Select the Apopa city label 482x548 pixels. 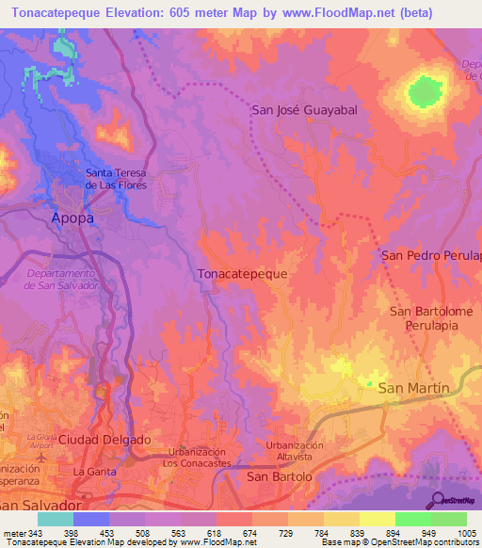click(x=72, y=218)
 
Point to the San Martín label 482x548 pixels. click(x=414, y=387)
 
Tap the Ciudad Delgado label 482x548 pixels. click(x=104, y=440)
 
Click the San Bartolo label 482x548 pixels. click(x=279, y=477)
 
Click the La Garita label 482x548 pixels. click(x=94, y=471)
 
